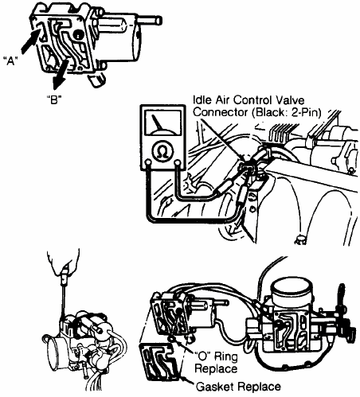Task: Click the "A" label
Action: tap(10, 61)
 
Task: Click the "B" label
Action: tap(54, 99)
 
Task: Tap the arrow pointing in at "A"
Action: tap(29, 41)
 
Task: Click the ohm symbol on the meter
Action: tap(162, 151)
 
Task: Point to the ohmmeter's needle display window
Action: tap(162, 122)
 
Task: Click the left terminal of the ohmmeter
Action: tap(149, 162)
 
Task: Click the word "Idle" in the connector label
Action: tap(203, 100)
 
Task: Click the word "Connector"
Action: tap(221, 112)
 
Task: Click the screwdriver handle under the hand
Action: tap(65, 278)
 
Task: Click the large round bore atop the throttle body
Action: tap(291, 292)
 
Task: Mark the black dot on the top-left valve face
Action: tap(78, 34)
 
